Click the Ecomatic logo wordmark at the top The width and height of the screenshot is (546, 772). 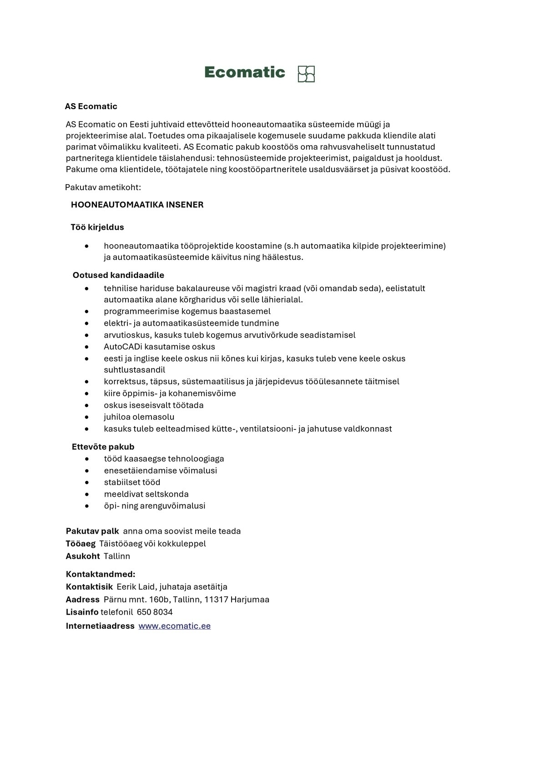[x=244, y=72]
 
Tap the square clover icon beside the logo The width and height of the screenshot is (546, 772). [x=306, y=74]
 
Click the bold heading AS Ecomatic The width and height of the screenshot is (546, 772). [x=91, y=106]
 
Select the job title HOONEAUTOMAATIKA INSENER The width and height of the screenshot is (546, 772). [x=137, y=205]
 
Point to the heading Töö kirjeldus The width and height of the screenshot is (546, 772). [x=97, y=227]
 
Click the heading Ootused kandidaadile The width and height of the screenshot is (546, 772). [x=118, y=275]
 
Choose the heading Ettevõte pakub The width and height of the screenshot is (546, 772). [x=103, y=447]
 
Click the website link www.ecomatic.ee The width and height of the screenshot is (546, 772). [x=174, y=626]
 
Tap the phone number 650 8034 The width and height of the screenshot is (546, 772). [x=155, y=612]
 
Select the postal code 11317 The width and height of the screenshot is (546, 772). [x=216, y=600]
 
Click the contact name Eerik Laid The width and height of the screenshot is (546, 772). [x=135, y=587]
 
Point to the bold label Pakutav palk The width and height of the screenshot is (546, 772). [x=92, y=531]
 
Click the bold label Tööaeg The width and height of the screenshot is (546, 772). [x=81, y=544]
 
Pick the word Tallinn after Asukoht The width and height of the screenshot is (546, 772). [x=117, y=556]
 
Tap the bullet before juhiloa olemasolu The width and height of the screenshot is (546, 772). [x=86, y=417]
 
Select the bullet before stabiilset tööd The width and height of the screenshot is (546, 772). [x=86, y=483]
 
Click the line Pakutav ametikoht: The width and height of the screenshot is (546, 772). [x=103, y=187]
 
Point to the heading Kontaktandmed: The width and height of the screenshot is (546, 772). [x=101, y=574]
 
